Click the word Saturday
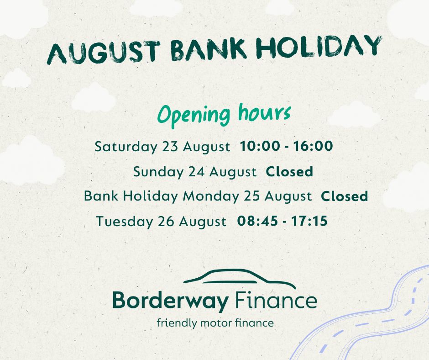[x=126, y=147]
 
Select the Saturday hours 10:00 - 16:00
[x=286, y=147]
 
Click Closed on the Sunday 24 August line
[x=289, y=172]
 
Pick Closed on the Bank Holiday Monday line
[x=345, y=196]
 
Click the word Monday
[x=210, y=196]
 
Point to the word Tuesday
[x=124, y=222]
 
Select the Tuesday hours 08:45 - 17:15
[x=282, y=221]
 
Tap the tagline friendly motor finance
[x=215, y=323]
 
